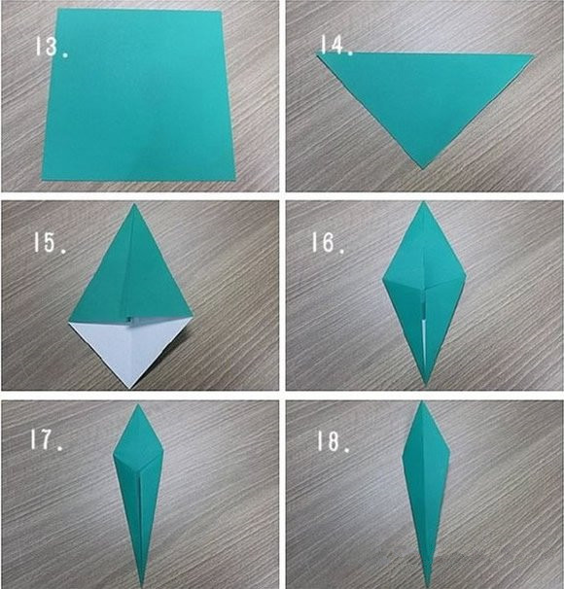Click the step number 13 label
coord(52,47)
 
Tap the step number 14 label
coord(336,45)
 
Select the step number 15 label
coord(50,242)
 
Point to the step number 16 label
coord(328,242)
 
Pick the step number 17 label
coord(47,440)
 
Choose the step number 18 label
coord(334,440)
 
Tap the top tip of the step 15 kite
coord(134,204)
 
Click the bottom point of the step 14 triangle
coord(423,169)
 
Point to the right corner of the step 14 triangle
coord(534,55)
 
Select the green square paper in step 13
coord(138,94)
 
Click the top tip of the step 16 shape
coord(424,202)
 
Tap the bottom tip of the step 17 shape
coord(142,586)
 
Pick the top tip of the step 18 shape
coord(422,401)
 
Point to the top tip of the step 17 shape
coord(138,404)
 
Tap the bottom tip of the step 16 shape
coord(426,385)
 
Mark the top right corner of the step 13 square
coord(221,12)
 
